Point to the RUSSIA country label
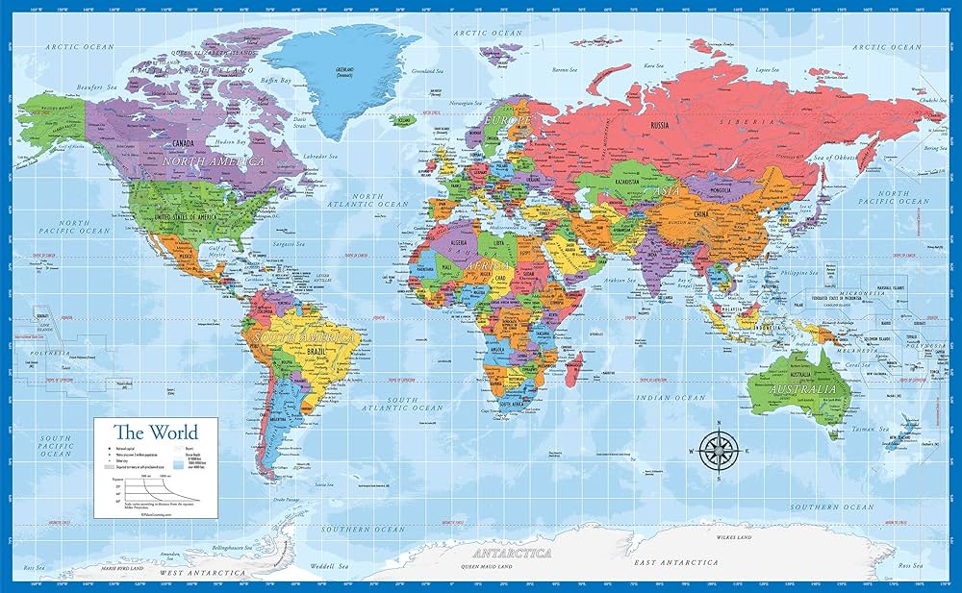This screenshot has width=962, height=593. (659, 126)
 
